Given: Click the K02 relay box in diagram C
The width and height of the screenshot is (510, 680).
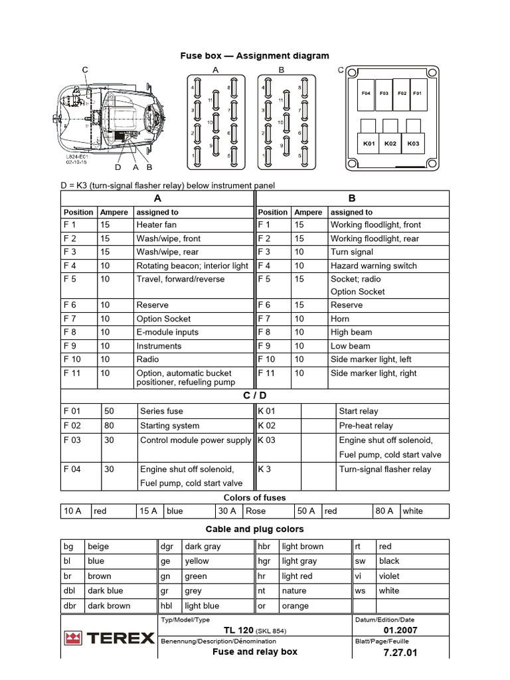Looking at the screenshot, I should coord(390,143).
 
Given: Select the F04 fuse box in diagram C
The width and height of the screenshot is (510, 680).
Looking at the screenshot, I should coord(366,94).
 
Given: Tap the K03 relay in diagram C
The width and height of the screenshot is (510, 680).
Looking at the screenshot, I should coord(414,143).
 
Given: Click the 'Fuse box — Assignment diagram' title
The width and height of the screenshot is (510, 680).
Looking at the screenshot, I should coord(255,56).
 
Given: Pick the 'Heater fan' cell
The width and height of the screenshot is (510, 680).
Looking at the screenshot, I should coord(157,225).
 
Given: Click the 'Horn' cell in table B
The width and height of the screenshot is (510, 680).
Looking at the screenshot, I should coord(340,319).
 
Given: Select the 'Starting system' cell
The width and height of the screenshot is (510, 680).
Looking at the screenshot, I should coord(170,426).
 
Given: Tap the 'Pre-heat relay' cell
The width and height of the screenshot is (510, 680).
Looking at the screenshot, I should coord(366,426).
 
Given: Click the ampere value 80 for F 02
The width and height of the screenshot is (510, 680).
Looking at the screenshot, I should coord(110,426).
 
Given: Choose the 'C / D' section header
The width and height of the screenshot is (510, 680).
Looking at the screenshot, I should coord(255,396).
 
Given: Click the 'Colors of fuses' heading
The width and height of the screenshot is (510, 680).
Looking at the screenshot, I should coord(255,497).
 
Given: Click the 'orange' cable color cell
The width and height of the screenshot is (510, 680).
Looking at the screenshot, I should coord(296,606).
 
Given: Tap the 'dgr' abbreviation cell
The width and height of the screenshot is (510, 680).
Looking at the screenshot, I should coord(167,547).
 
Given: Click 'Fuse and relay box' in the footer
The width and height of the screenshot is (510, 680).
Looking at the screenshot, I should coord(255,652).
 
